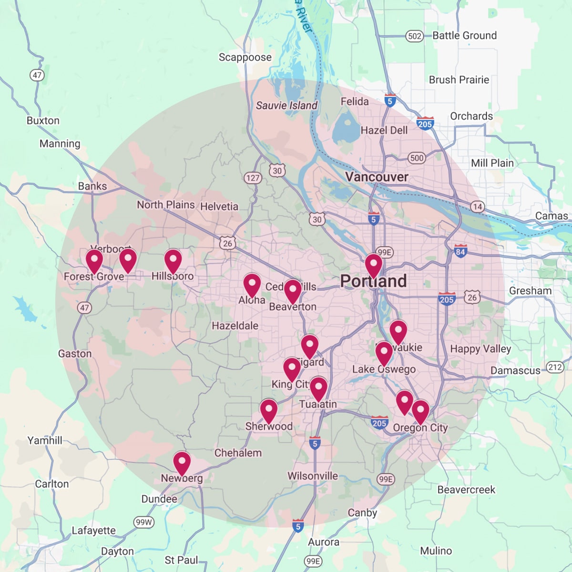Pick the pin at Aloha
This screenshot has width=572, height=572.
point(252,286)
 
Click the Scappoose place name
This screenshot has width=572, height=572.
point(245,57)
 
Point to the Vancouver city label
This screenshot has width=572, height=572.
point(377,177)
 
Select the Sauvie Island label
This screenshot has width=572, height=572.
point(286,105)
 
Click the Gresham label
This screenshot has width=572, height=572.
point(530,291)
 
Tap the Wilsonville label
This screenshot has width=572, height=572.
point(313,476)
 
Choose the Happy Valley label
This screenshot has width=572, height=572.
point(480,349)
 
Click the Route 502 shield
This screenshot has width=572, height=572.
point(415,36)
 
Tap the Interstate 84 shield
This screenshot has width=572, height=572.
point(460,251)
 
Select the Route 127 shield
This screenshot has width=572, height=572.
point(253,178)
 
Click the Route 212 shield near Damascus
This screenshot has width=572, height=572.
point(555,367)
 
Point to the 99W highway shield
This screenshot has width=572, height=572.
point(143,522)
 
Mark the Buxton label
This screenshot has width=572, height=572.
point(43,121)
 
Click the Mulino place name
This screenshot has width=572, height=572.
point(436,551)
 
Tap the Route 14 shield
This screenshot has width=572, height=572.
point(477,207)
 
